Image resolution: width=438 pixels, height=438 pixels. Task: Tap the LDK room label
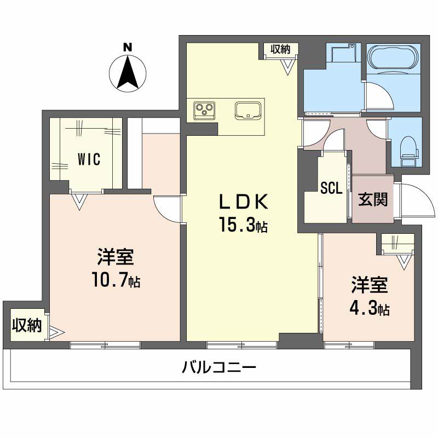coord(245,203)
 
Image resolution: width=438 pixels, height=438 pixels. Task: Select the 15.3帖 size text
coord(245,225)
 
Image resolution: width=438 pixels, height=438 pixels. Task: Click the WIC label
coord(88,159)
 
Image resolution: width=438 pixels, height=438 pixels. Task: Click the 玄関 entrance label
coord(373,200)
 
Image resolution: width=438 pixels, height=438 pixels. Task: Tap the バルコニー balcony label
coord(219,367)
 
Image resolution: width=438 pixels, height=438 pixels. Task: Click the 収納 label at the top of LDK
coord(280,49)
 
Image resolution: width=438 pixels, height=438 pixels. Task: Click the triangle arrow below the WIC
coord(80,201)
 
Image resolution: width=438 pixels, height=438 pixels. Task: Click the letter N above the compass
coord(128,47)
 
